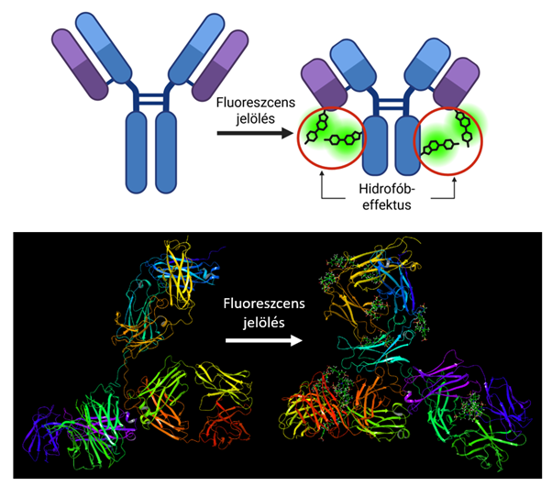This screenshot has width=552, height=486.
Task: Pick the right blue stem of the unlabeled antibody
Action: pos(167,150)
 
